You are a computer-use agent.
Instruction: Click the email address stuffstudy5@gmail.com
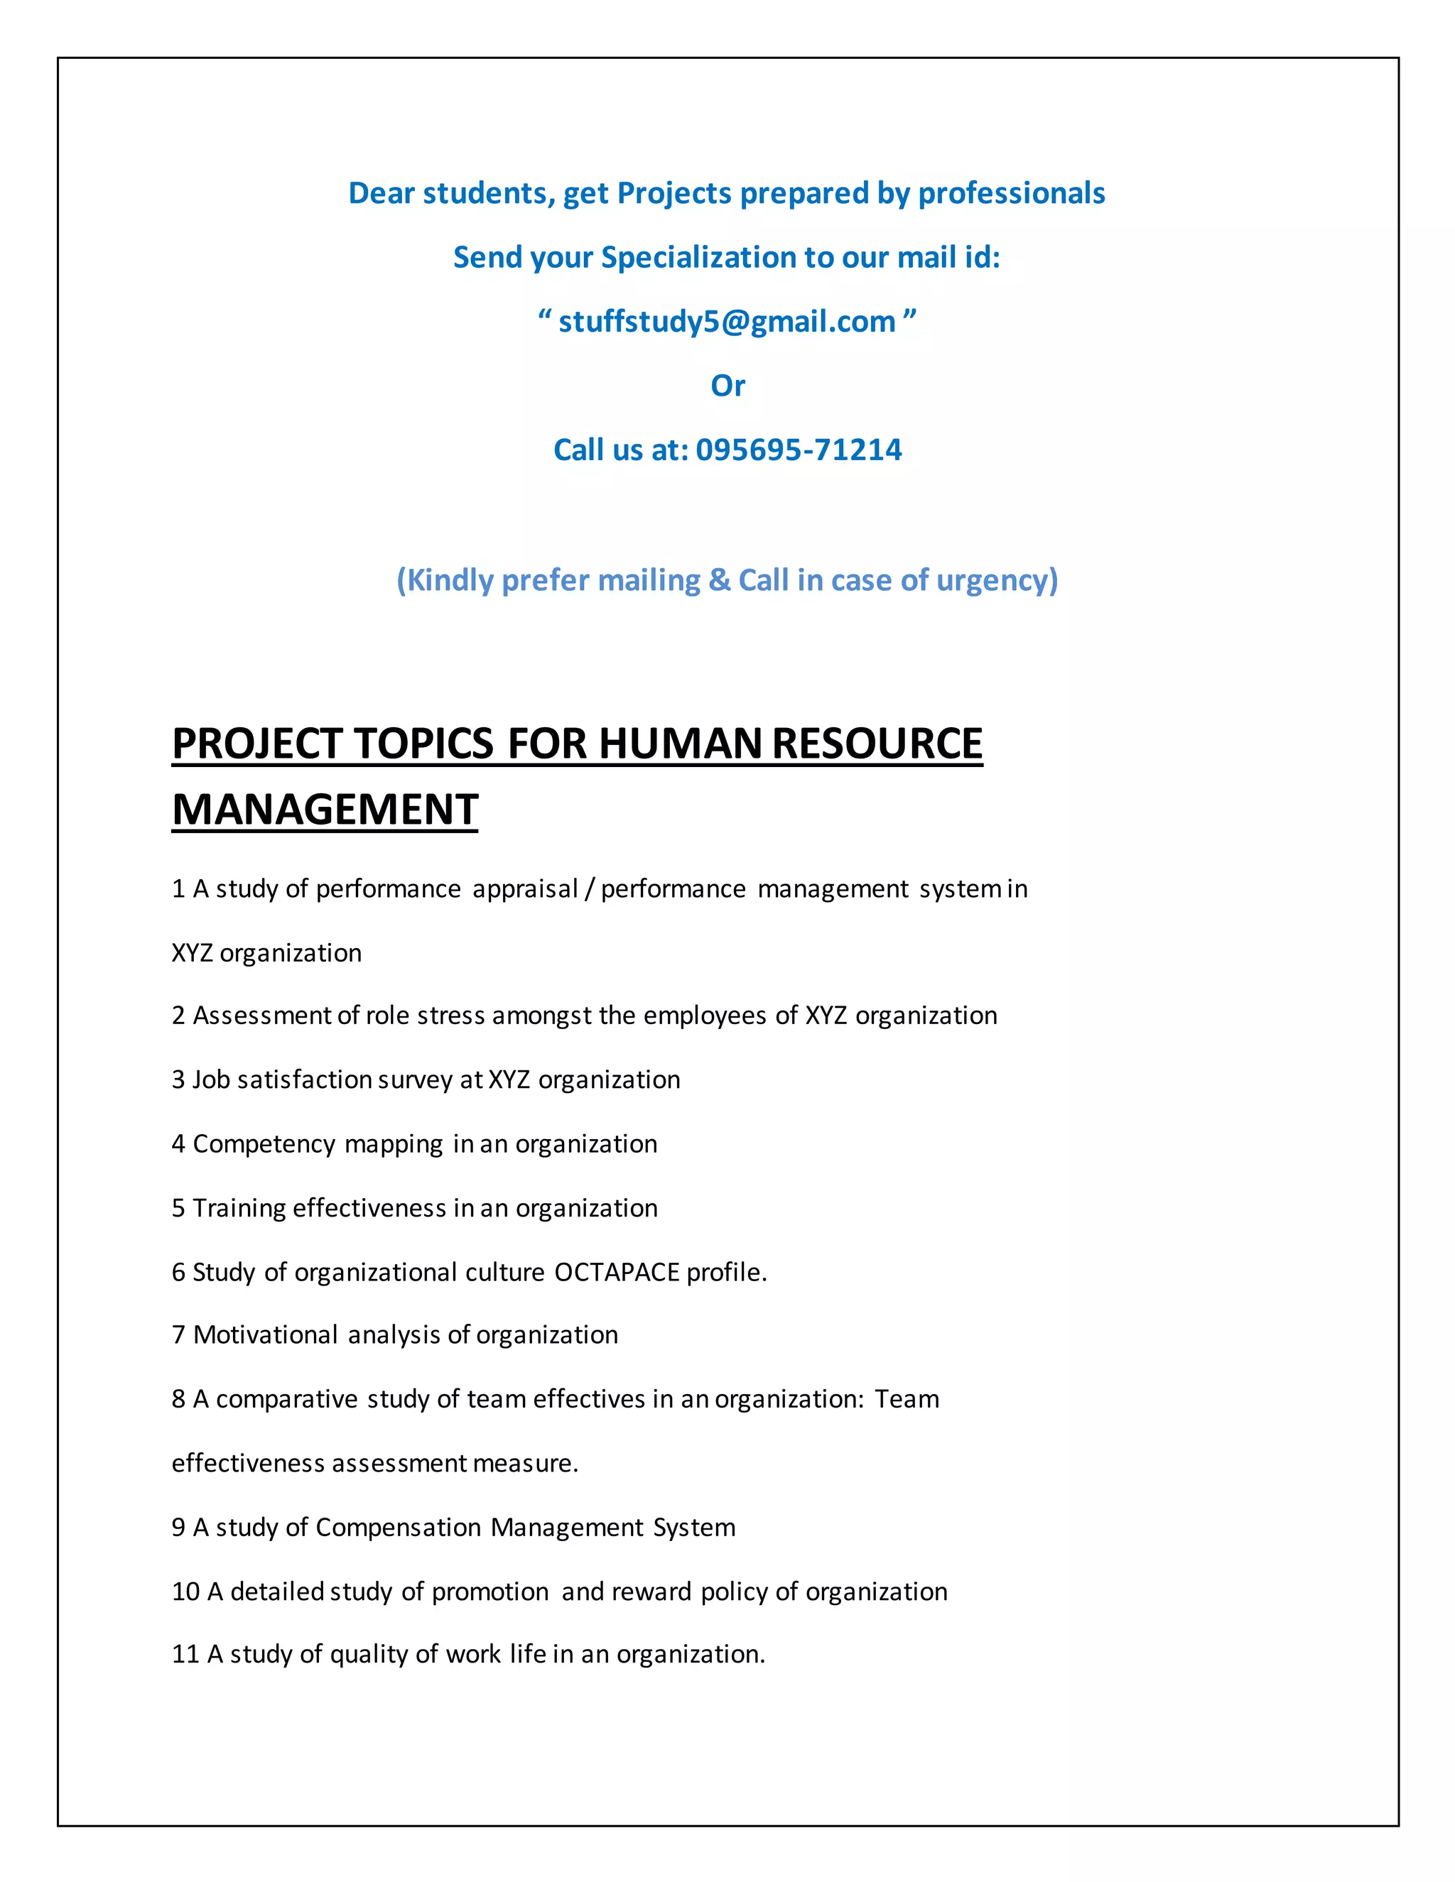coord(727,322)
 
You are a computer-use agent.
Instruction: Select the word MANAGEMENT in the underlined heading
coord(325,810)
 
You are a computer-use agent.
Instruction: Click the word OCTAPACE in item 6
coord(616,1272)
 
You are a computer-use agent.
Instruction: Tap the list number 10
coord(185,1591)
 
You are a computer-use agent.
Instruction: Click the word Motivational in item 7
coord(266,1335)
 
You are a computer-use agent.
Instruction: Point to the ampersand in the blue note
coord(719,580)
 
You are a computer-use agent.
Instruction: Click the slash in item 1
coord(589,888)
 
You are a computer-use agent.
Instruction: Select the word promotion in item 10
coord(489,1591)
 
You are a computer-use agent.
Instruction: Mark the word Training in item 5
coord(239,1208)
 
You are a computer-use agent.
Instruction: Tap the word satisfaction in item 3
coord(303,1079)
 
